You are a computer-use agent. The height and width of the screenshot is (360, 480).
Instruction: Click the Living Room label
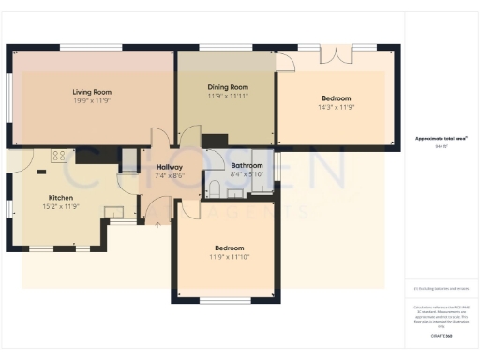[x=92, y=92]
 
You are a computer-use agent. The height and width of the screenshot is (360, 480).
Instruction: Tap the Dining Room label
[x=227, y=86]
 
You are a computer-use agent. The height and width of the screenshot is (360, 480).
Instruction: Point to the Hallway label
[x=171, y=165]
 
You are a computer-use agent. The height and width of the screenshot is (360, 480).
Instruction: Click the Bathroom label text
[x=247, y=166]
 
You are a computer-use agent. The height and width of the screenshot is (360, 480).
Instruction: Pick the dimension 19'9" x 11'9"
[x=92, y=100]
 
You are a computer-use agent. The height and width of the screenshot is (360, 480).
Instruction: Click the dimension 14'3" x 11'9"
[x=337, y=107]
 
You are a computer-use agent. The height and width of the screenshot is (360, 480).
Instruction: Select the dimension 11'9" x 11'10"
[x=229, y=256]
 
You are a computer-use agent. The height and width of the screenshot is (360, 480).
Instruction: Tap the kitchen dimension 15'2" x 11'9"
[x=61, y=206]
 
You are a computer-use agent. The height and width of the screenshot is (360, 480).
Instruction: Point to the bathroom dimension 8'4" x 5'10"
[x=247, y=174]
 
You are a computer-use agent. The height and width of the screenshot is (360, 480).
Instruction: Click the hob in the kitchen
[x=58, y=157]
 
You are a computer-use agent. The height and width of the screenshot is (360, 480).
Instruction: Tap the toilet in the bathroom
[x=216, y=189]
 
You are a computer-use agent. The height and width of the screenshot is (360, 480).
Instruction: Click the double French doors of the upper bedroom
[x=336, y=52]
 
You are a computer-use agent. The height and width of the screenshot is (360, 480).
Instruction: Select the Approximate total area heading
[x=442, y=138]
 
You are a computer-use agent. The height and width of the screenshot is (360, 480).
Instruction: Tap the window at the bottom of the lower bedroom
[x=225, y=301]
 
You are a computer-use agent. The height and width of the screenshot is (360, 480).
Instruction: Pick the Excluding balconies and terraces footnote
[x=442, y=288]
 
